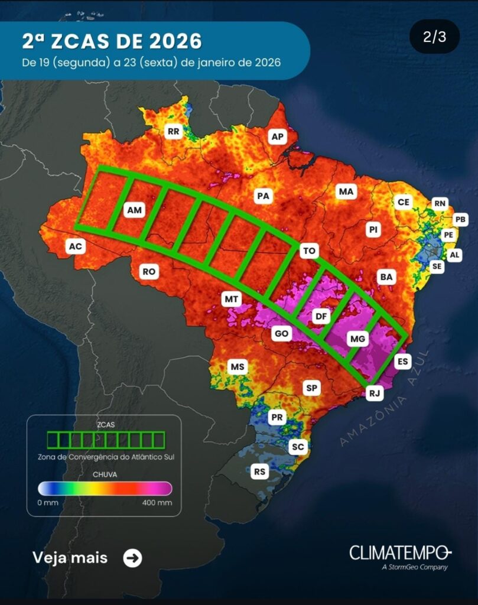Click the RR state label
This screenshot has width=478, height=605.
coord(174,132)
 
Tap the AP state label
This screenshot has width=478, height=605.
coord(277,137)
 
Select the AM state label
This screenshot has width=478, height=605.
coord(135,210)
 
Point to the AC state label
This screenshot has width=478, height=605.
coord(75,246)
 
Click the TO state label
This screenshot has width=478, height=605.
coord(309,251)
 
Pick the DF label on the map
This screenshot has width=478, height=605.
coord(321,317)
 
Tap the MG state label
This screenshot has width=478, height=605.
coord(358,339)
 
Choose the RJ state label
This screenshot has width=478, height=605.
coord(375,393)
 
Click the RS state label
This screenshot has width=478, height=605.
coord(259,471)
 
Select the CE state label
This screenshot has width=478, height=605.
coord(404,202)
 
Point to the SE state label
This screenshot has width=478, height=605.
coord(437,266)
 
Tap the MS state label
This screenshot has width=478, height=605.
coord(238,367)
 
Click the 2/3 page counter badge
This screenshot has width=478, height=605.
coord(434,37)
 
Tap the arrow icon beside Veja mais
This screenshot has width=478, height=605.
coord(132,558)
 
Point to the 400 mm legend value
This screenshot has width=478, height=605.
coord(157,503)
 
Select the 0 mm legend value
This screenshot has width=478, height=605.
coord(47,503)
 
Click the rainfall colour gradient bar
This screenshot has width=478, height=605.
coord(105,488)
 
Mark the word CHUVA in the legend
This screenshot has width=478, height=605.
coord(105,474)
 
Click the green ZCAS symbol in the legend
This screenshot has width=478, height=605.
coord(105,440)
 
